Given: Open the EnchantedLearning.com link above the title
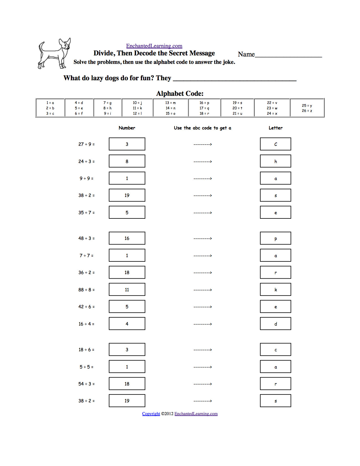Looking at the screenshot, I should (154, 46).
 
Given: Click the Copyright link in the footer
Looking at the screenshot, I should (151, 414).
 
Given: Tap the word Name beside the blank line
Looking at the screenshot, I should (246, 54).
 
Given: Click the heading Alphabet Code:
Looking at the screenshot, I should (180, 94).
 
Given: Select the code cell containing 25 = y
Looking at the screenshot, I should (307, 108).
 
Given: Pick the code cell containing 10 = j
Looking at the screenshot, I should (138, 108).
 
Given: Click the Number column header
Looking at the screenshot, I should (127, 128).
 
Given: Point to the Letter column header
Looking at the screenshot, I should (276, 128).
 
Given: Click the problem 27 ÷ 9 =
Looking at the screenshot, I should (86, 144).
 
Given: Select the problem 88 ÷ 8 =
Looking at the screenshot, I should (86, 290).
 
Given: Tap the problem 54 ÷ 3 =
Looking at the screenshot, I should (86, 384).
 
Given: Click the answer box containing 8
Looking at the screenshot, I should (127, 161).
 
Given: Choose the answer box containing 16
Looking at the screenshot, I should (127, 238).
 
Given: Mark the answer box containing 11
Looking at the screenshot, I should (127, 290).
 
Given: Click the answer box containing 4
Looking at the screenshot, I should (127, 324).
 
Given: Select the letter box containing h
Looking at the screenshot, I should (276, 161).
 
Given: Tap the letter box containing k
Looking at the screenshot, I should (276, 290).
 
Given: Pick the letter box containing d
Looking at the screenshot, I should (276, 324).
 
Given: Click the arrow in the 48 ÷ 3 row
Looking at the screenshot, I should (203, 239).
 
